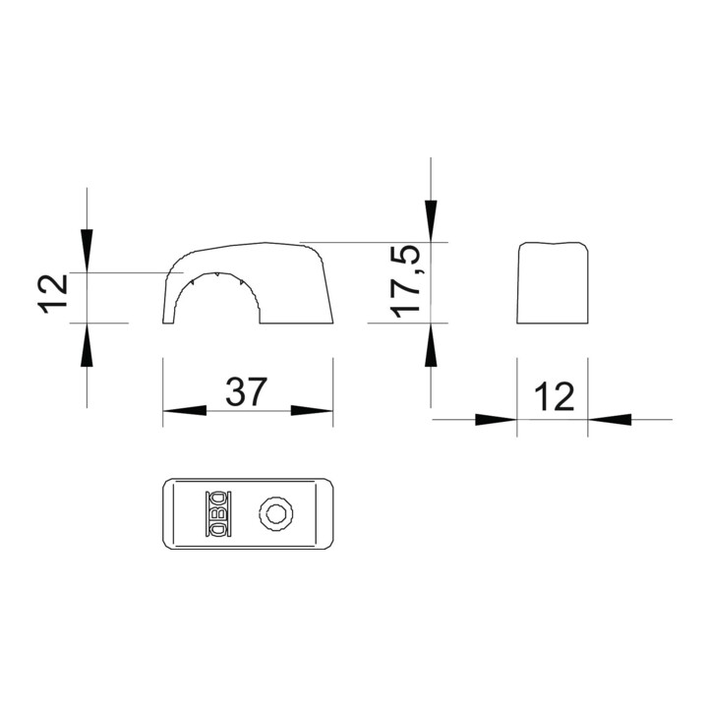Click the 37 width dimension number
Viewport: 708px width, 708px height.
(x=246, y=391)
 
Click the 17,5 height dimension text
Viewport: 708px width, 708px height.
(x=405, y=282)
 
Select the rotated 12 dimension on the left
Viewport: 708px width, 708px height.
(x=53, y=294)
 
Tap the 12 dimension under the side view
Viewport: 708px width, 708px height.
(x=554, y=396)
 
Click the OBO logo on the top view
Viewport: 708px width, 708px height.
(x=218, y=513)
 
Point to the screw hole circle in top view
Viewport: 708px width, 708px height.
(x=276, y=513)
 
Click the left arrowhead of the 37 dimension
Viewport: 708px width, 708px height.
(x=185, y=410)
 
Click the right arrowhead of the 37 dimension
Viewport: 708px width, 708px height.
(x=312, y=410)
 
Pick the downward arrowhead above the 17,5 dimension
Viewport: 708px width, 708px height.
(x=431, y=221)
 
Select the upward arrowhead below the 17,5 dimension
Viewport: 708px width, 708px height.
(x=431, y=344)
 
